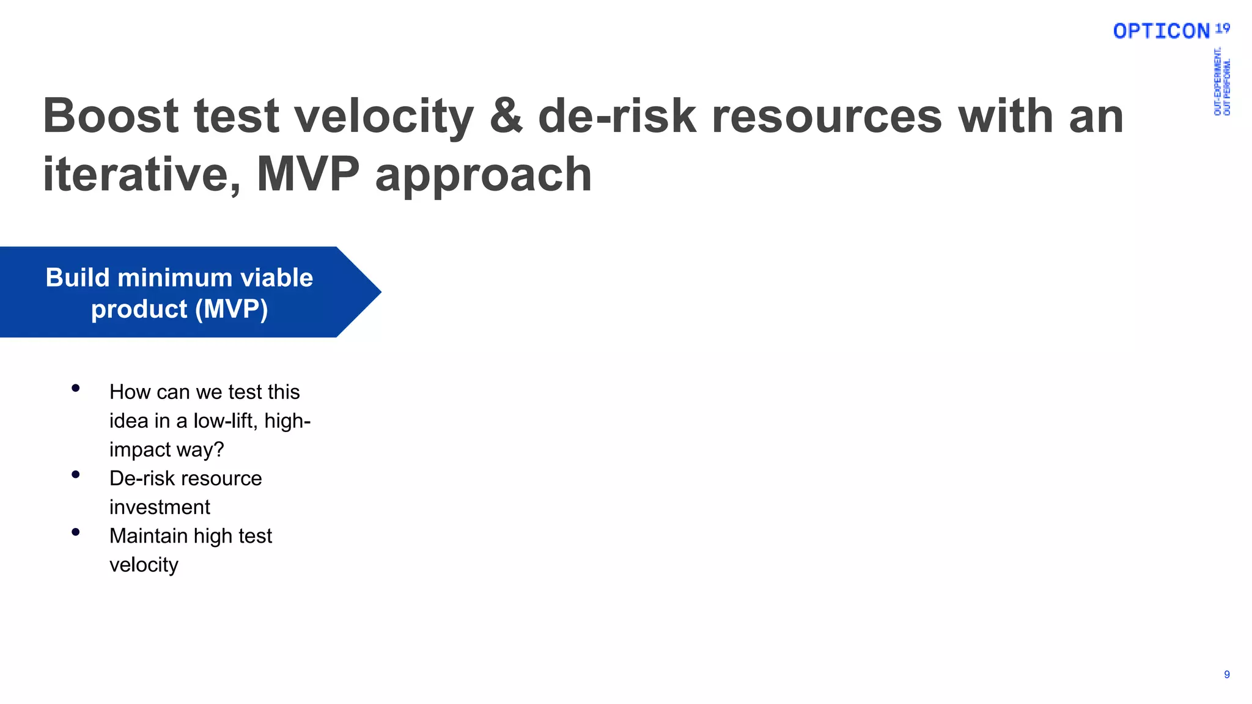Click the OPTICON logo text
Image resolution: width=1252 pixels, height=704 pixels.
tap(1161, 31)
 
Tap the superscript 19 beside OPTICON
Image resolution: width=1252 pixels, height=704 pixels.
tap(1222, 28)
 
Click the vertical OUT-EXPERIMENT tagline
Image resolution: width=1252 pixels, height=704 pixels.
tap(1217, 82)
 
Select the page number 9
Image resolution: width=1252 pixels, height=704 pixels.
tap(1226, 675)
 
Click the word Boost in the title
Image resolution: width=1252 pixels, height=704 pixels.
tap(111, 116)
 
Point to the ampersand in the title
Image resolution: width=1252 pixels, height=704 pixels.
tap(506, 116)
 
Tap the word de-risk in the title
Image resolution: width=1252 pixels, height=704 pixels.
tap(617, 116)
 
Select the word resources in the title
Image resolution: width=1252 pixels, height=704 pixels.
tap(827, 116)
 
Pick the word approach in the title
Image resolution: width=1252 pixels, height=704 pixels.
tap(483, 175)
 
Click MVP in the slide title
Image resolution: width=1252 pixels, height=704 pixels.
tap(308, 174)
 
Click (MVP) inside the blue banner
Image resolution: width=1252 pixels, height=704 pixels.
tap(231, 309)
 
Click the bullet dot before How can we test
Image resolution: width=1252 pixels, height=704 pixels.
tap(76, 388)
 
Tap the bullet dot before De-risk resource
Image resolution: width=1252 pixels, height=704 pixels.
tap(76, 474)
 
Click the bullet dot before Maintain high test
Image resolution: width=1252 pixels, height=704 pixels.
tap(76, 532)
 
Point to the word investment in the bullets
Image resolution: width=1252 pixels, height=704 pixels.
tap(160, 507)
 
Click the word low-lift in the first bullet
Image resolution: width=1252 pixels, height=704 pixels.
tap(225, 421)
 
